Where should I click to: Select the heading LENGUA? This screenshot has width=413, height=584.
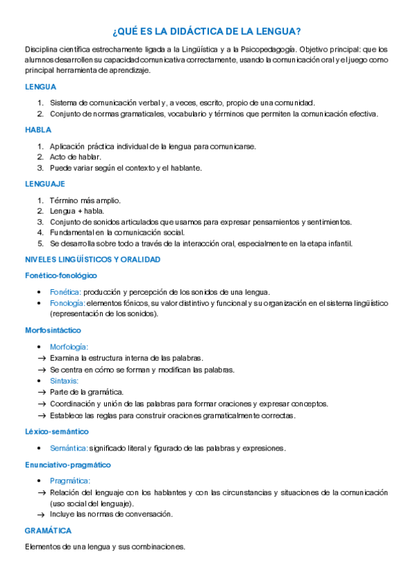pos(40,87)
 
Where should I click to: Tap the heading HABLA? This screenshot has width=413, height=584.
pos(38,129)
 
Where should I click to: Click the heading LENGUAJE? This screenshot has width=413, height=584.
pos(45,184)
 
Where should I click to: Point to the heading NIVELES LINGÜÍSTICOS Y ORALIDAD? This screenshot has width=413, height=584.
pos(92,260)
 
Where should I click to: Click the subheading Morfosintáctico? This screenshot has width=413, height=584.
pos(53,331)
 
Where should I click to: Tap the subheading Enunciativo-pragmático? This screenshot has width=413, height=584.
pos(68,465)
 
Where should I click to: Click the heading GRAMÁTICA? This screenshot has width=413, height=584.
pos(48,531)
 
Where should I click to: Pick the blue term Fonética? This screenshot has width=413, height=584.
pos(66,292)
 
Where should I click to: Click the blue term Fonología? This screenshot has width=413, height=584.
pos(67,303)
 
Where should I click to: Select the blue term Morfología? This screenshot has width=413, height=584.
pos(69,347)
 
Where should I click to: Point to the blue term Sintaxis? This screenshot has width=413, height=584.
pos(64,380)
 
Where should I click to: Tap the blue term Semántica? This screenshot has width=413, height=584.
pos(69,448)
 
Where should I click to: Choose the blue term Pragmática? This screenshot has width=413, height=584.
pos(70,481)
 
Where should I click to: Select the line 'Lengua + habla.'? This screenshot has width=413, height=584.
pos(76,211)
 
